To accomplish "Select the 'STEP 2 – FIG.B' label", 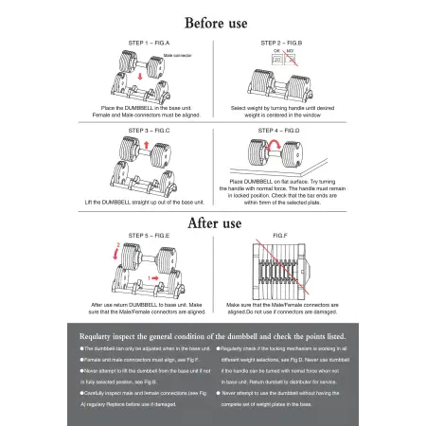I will point(280,43).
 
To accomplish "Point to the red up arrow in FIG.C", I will point(148,148).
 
